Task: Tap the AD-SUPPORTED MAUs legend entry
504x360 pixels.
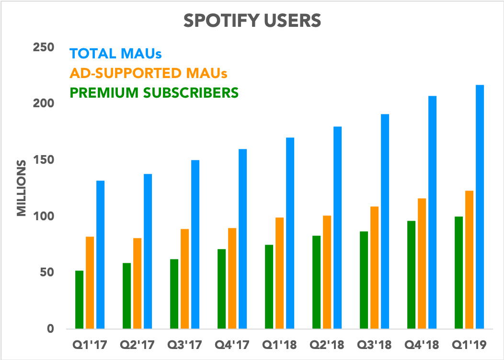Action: pos(148,73)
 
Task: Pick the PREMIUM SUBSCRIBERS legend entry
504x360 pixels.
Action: pos(154,92)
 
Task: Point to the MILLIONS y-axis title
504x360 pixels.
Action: pos(22,188)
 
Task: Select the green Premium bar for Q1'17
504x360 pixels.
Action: pos(79,300)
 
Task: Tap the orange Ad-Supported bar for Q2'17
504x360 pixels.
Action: pos(137,283)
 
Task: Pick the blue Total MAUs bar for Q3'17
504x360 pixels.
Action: pos(195,244)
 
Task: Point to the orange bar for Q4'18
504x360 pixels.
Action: pos(422,263)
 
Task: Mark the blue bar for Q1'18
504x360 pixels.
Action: pos(290,233)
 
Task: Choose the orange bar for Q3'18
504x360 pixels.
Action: pos(374,268)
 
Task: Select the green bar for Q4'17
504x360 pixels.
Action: pos(221,289)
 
